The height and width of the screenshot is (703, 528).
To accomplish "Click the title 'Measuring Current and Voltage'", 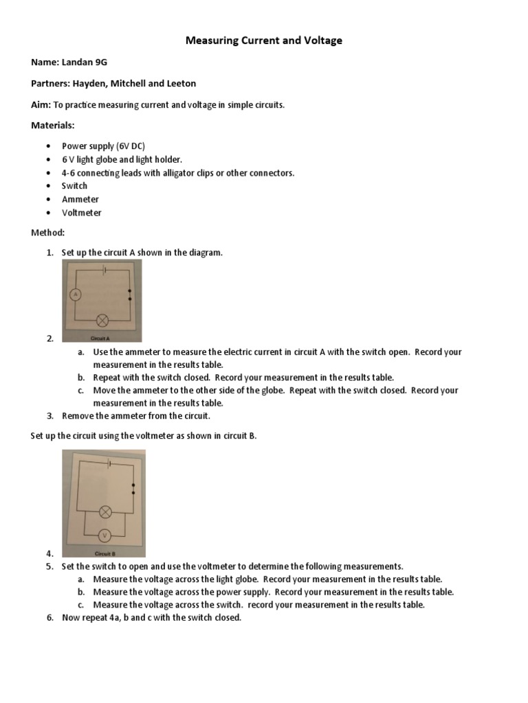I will coord(264,41).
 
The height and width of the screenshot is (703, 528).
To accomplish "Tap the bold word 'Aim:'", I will coord(41,104).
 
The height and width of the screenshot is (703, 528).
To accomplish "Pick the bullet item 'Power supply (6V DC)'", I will coord(103,146).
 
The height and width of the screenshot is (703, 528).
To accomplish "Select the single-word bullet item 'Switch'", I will coord(74,186).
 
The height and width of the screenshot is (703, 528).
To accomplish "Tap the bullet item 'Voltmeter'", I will coord(81,213).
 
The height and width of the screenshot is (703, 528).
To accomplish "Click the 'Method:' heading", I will coord(48,233).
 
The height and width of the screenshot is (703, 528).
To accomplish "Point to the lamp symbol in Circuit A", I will coord(103,320).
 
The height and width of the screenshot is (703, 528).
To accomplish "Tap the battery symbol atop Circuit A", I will coord(103,270).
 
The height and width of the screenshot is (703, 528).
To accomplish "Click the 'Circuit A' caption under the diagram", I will coord(100,338).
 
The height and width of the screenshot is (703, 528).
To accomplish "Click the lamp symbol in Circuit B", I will coord(105,511).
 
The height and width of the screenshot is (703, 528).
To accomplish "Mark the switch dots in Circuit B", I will coord(133,489).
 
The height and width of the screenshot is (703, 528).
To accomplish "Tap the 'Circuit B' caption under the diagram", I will coord(103,553).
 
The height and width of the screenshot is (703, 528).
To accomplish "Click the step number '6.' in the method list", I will coord(50,618).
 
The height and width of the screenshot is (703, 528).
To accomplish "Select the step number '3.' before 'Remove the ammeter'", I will coord(50,416).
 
